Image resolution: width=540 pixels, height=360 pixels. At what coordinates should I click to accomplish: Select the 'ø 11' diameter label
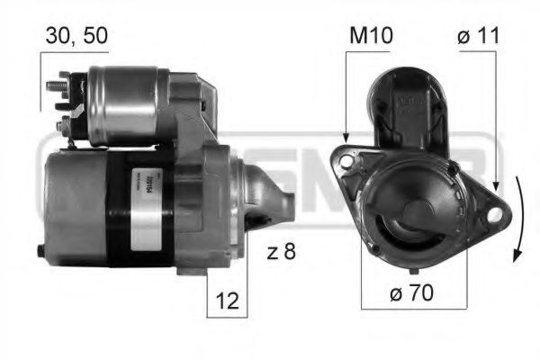[477, 37]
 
